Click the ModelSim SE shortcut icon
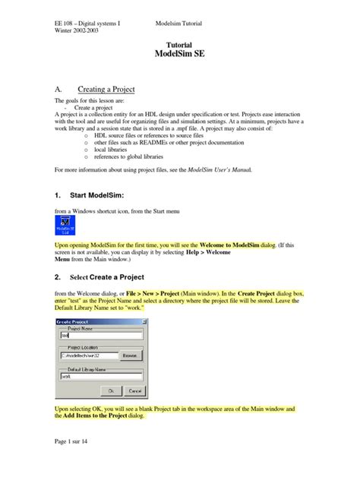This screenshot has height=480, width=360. coord(67,226)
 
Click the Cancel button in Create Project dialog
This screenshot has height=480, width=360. coord(134,391)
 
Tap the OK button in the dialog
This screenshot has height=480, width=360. coord(112,391)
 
